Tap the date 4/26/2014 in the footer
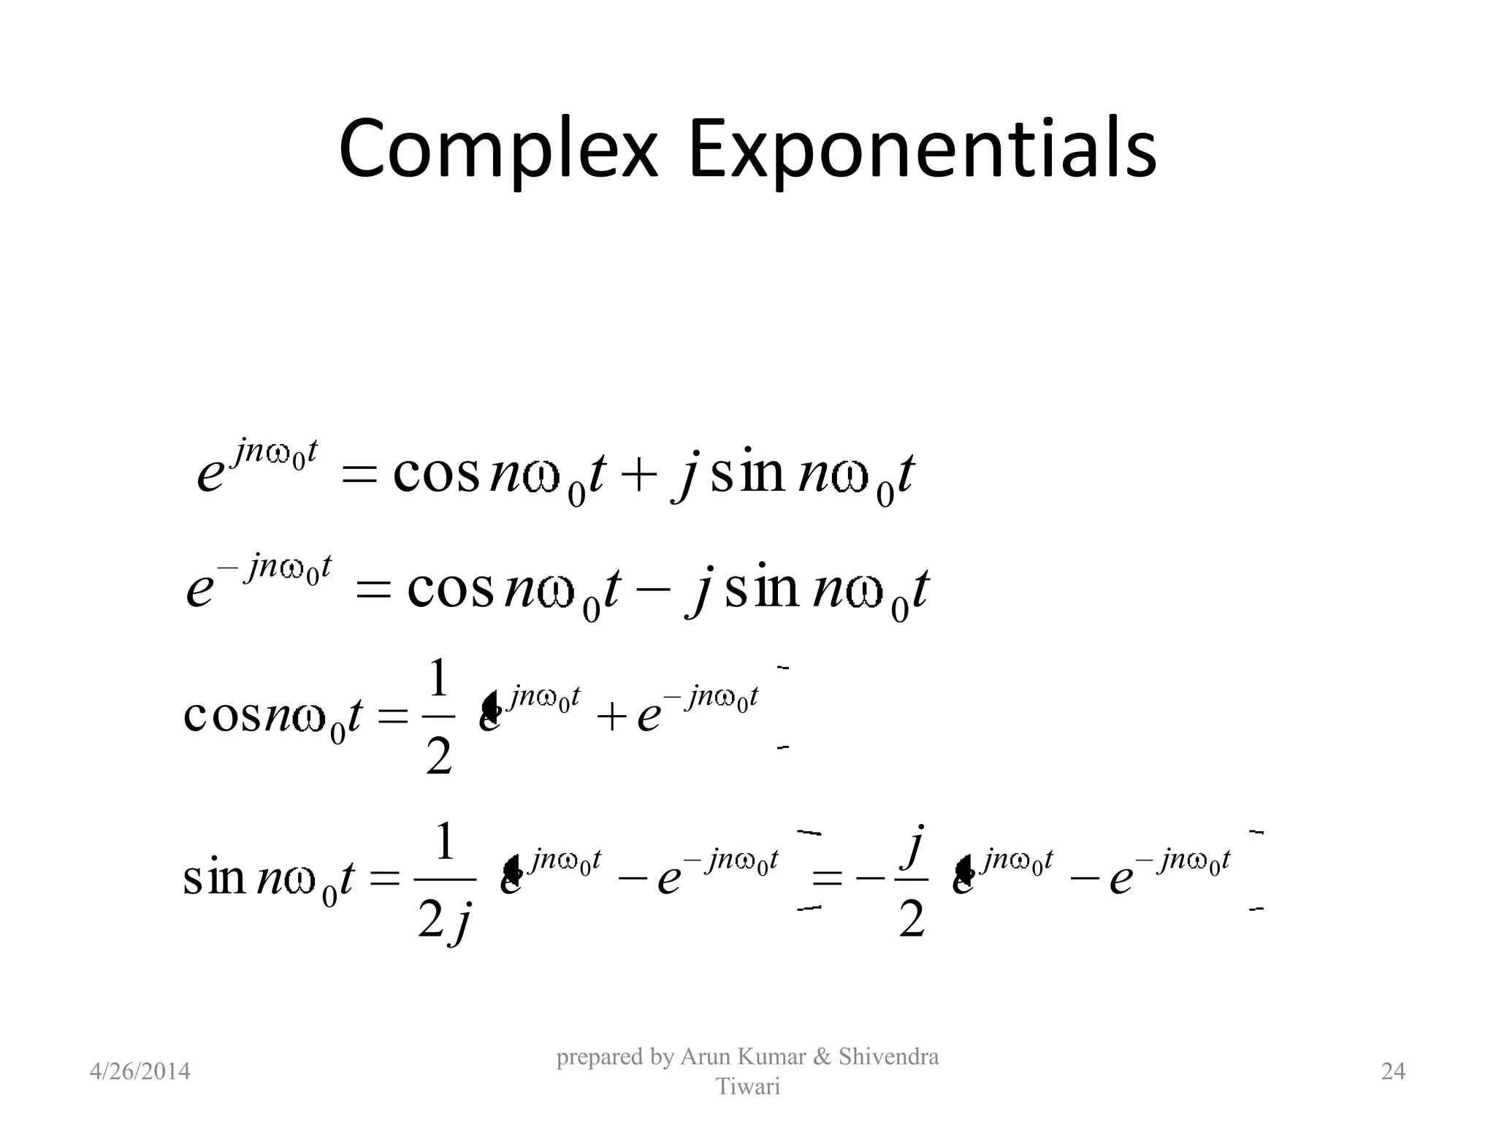click(140, 1072)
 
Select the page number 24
click(1393, 1072)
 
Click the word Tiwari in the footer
click(748, 1087)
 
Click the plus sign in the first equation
click(638, 475)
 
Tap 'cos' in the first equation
click(436, 475)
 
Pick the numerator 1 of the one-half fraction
click(438, 679)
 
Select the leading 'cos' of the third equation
click(222, 717)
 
